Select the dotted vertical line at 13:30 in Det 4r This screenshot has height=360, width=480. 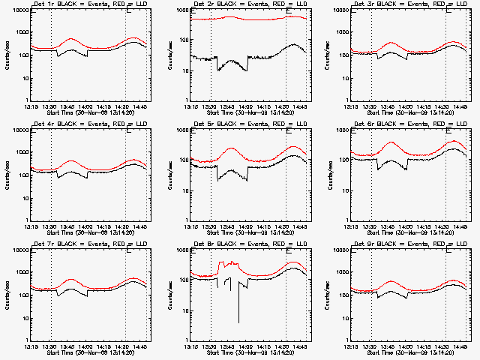(51, 172)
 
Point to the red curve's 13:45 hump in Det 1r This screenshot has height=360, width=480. (71, 39)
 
